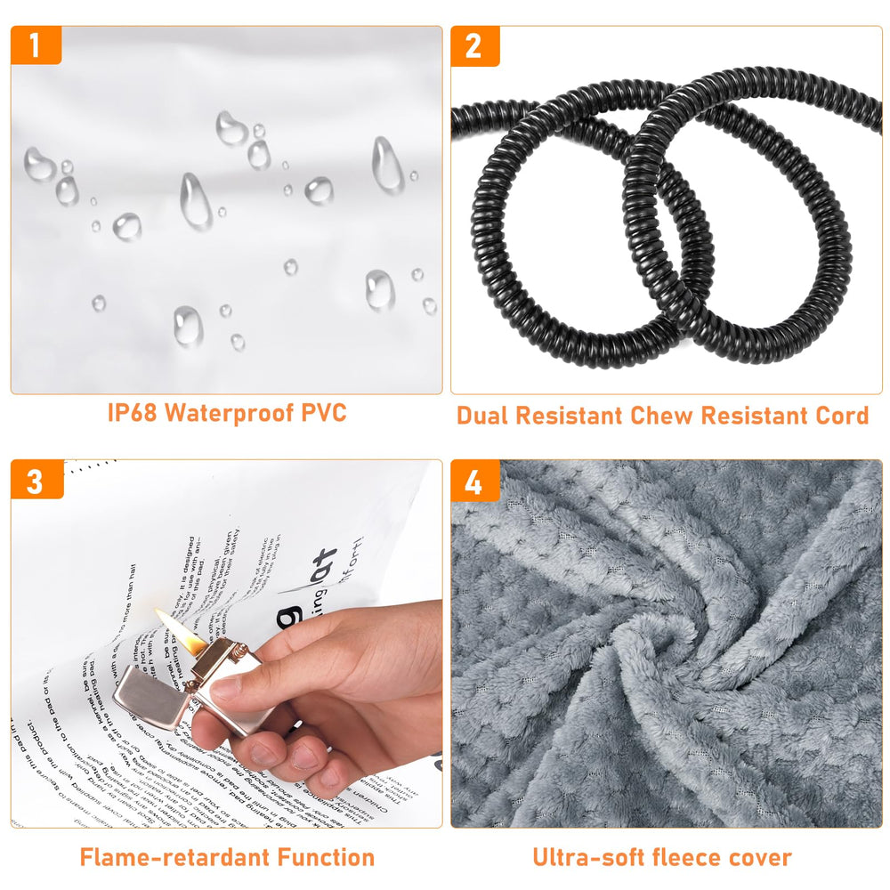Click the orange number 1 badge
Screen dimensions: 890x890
coord(36,45)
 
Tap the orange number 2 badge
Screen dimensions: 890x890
coord(474,45)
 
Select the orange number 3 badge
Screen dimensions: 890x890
coord(36,481)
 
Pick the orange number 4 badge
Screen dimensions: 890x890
coord(474,481)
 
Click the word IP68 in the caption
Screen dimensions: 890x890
coord(133,413)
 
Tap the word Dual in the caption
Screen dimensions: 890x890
coord(486,416)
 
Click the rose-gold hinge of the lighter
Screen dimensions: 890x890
coord(192,684)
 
